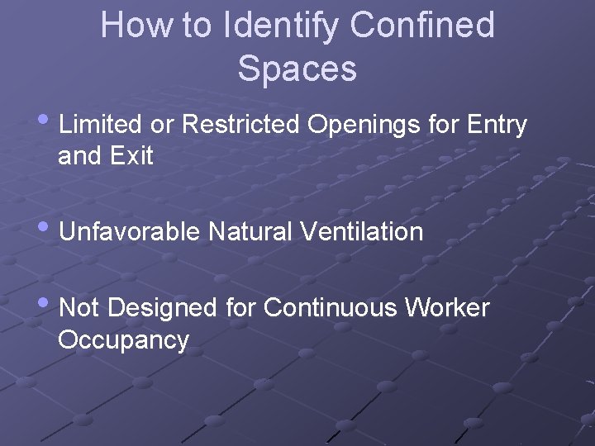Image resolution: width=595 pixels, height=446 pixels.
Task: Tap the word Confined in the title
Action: click(422, 26)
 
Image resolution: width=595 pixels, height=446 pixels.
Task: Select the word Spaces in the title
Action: click(297, 69)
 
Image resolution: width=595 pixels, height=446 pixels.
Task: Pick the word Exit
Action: click(132, 156)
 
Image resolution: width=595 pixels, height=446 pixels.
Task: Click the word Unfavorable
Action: click(130, 232)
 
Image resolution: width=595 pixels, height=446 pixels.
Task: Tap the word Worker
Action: click(447, 308)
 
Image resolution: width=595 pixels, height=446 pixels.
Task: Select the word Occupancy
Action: click(123, 340)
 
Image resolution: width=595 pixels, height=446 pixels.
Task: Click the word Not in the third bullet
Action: click(80, 308)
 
